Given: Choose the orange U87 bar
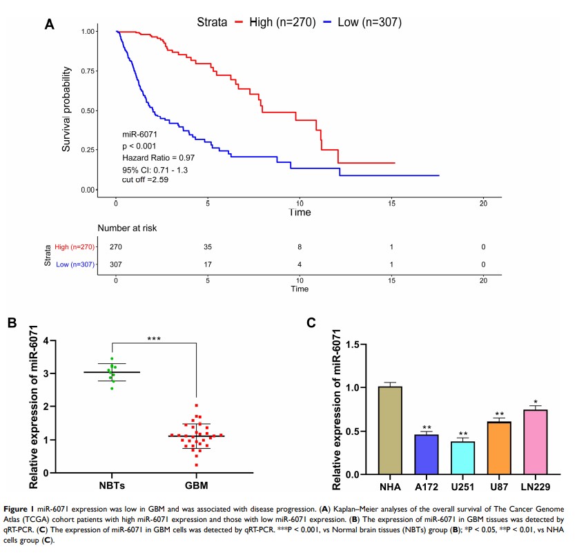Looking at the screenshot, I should [498, 448].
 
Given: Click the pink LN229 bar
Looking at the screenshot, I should [534, 442].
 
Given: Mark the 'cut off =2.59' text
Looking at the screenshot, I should [145, 179].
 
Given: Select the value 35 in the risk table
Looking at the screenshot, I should [208, 246].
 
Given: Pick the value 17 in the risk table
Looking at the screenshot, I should [208, 264].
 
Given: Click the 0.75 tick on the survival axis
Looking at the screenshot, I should [89, 71].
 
